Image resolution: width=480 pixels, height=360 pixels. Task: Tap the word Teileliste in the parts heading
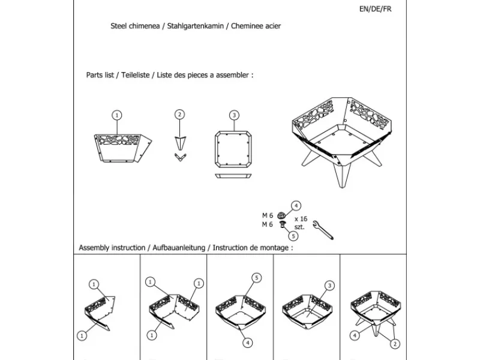[x=135, y=76]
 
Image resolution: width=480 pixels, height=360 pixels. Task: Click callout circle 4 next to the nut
[x=296, y=206]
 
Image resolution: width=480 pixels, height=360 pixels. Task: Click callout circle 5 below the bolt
[x=293, y=236]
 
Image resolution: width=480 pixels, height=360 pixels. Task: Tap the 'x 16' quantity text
[x=301, y=220]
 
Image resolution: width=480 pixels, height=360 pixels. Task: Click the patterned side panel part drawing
[x=123, y=147]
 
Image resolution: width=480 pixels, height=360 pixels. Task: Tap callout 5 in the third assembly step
[x=256, y=278]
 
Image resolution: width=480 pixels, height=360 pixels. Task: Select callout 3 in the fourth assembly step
[x=329, y=286]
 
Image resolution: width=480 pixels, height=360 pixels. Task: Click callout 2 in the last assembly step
[x=395, y=343]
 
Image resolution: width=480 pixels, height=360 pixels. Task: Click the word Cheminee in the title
[x=247, y=26]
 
